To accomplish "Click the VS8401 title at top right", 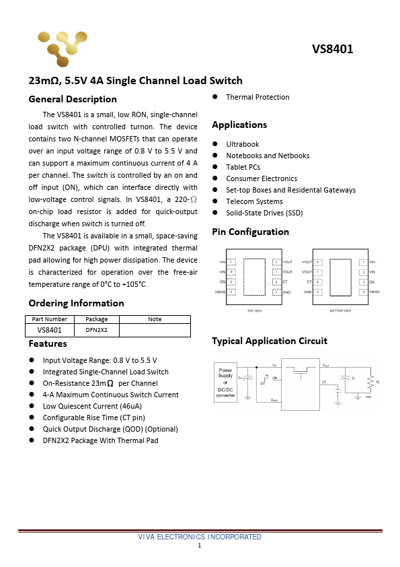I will (x=332, y=49).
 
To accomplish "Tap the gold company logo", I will (x=62, y=48).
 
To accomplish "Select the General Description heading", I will (x=73, y=99).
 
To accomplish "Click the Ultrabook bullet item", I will (x=242, y=144).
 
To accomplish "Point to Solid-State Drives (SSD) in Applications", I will (x=264, y=213).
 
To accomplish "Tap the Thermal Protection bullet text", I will (x=257, y=97).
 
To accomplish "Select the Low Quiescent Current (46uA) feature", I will (x=92, y=406).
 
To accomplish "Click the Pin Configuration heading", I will (x=250, y=232).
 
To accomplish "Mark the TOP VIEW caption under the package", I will (x=254, y=312).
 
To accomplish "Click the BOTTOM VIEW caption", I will (x=340, y=312).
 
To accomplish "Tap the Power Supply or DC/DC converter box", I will (x=225, y=382).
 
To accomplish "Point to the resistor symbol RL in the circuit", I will (x=369, y=382).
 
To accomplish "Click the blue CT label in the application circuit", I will (x=324, y=382).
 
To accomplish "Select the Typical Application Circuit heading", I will (x=269, y=341).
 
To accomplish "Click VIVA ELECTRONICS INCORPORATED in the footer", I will (x=200, y=537).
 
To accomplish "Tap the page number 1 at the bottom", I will (x=200, y=545).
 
